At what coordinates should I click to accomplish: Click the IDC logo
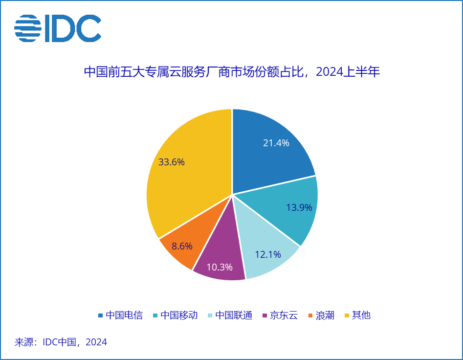coord(58,28)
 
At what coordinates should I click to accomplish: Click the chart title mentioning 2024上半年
coord(232,72)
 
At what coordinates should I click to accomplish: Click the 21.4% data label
coord(276,143)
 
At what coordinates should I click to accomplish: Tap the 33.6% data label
coord(172,162)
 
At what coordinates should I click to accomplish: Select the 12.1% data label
coord(268,254)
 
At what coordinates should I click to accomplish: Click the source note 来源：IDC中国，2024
coord(61,342)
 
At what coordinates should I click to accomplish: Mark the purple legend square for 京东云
coord(265,315)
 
